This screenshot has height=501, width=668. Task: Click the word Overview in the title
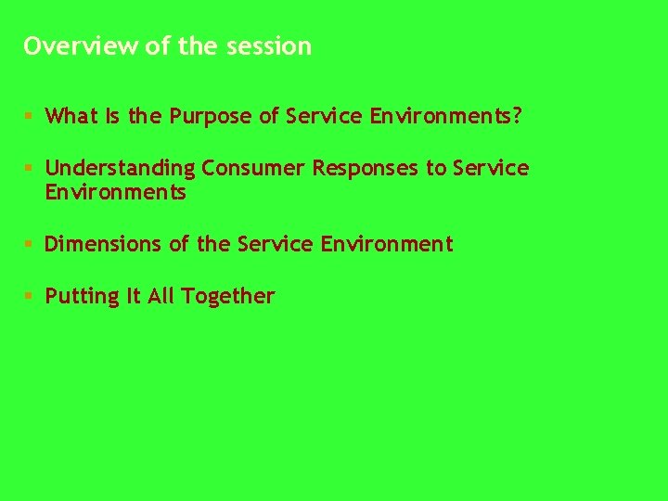point(81,46)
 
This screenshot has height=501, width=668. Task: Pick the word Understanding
point(121,169)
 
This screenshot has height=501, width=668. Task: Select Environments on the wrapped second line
point(116,193)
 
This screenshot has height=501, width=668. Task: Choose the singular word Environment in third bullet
point(387,245)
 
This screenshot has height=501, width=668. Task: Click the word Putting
point(83,297)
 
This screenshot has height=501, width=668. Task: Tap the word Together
point(228,297)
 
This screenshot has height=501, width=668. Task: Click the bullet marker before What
point(29,117)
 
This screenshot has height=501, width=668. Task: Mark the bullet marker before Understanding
point(29,169)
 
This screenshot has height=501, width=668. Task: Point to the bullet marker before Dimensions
point(29,245)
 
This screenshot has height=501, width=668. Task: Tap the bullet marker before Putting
point(29,297)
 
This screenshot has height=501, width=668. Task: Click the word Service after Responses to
point(491,169)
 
